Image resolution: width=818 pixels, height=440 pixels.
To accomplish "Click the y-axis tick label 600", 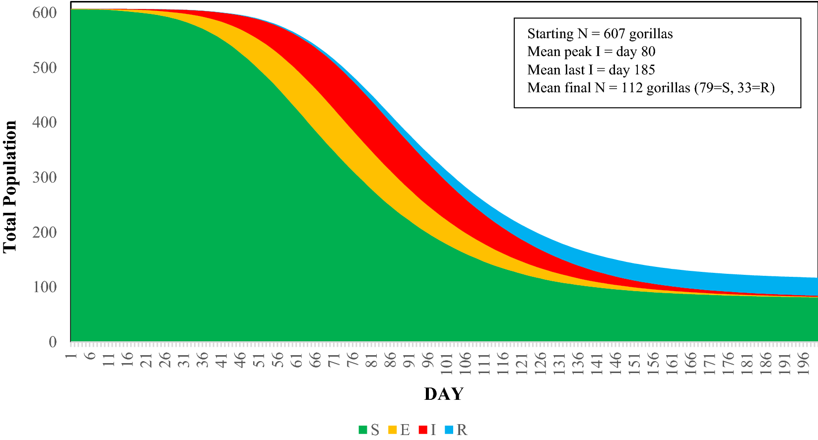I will pos(45,12).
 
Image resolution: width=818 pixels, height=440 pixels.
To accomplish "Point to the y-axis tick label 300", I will pos(45,177).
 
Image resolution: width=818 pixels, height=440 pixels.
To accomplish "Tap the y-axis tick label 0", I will pos(53,342).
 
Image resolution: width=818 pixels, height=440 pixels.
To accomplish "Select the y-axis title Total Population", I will pos(10,187).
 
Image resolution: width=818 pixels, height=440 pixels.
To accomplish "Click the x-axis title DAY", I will pos(444,394).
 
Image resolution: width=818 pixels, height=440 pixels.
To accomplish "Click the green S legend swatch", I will pos(363,430).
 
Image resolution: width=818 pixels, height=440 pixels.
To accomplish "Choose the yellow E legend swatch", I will pos(393,430).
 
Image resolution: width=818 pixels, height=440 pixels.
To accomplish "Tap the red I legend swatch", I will pos(423,430).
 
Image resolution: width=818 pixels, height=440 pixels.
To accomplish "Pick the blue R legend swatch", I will pos(450,430).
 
